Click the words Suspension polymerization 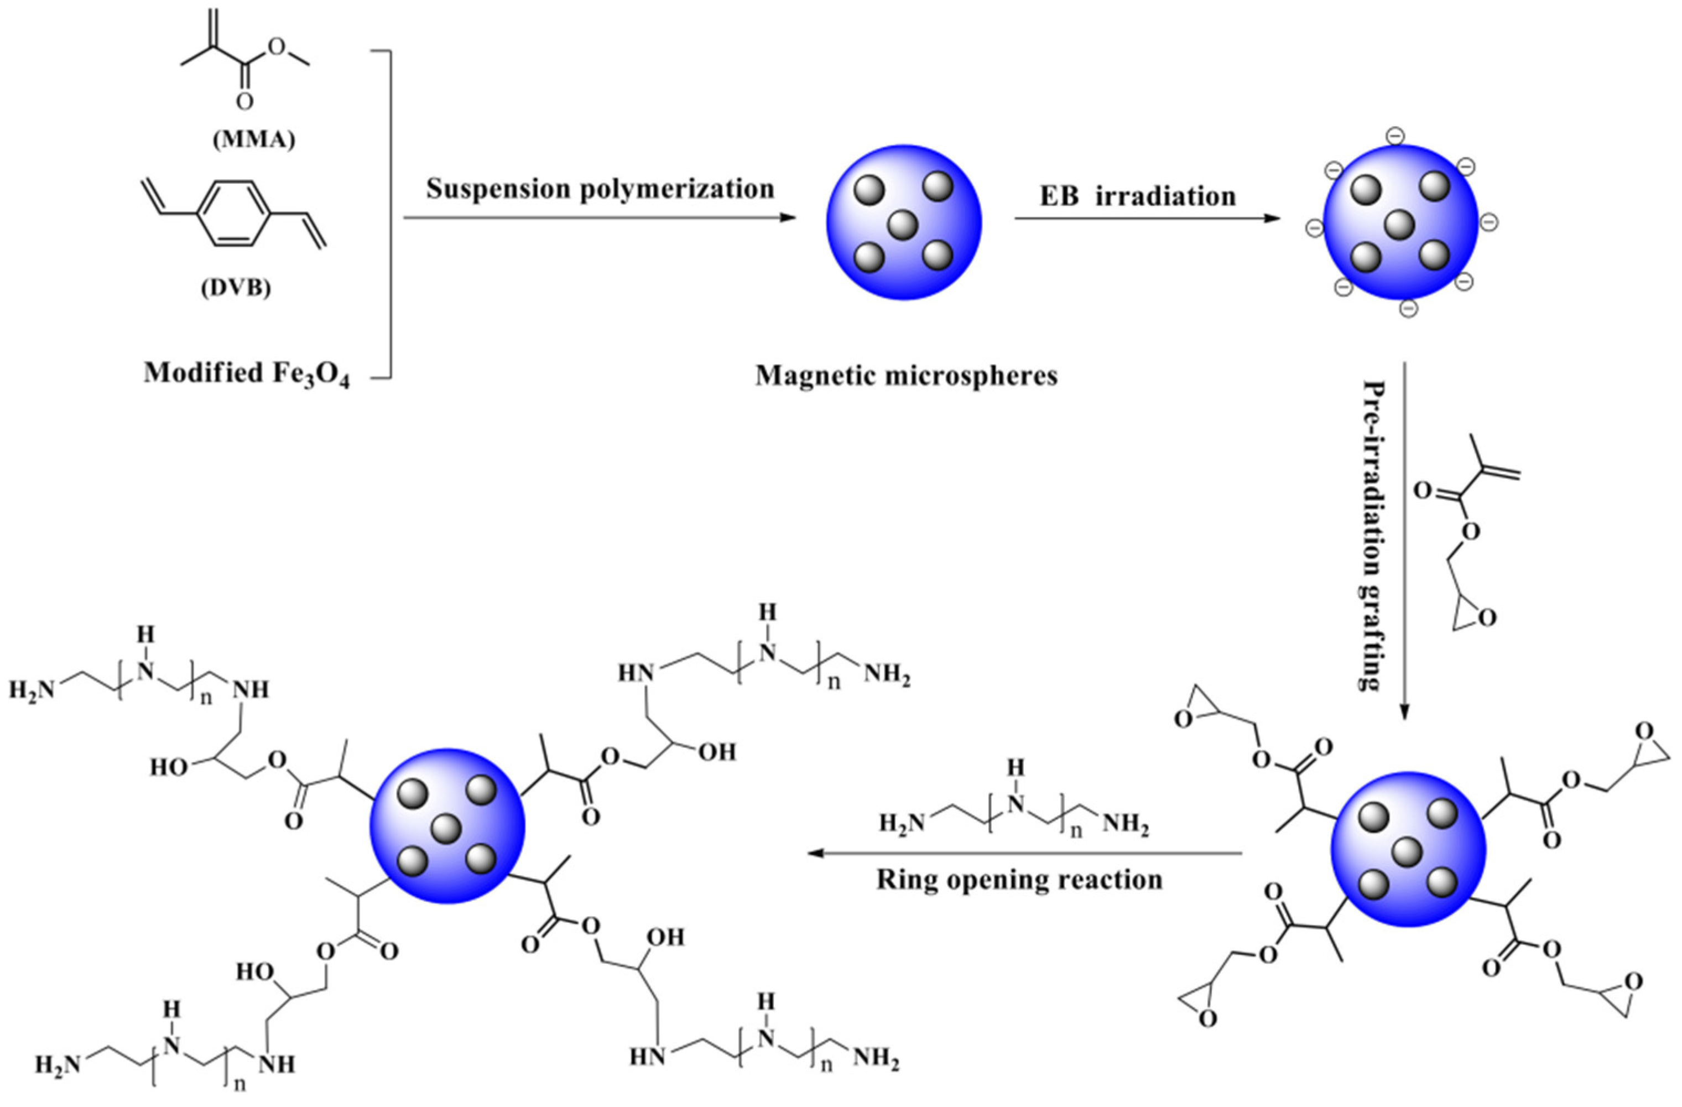tap(600, 189)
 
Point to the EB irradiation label tap(1138, 196)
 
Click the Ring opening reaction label tap(1020, 880)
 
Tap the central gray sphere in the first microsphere tap(903, 226)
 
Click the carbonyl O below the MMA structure tap(244, 102)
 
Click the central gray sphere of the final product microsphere tap(447, 829)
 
